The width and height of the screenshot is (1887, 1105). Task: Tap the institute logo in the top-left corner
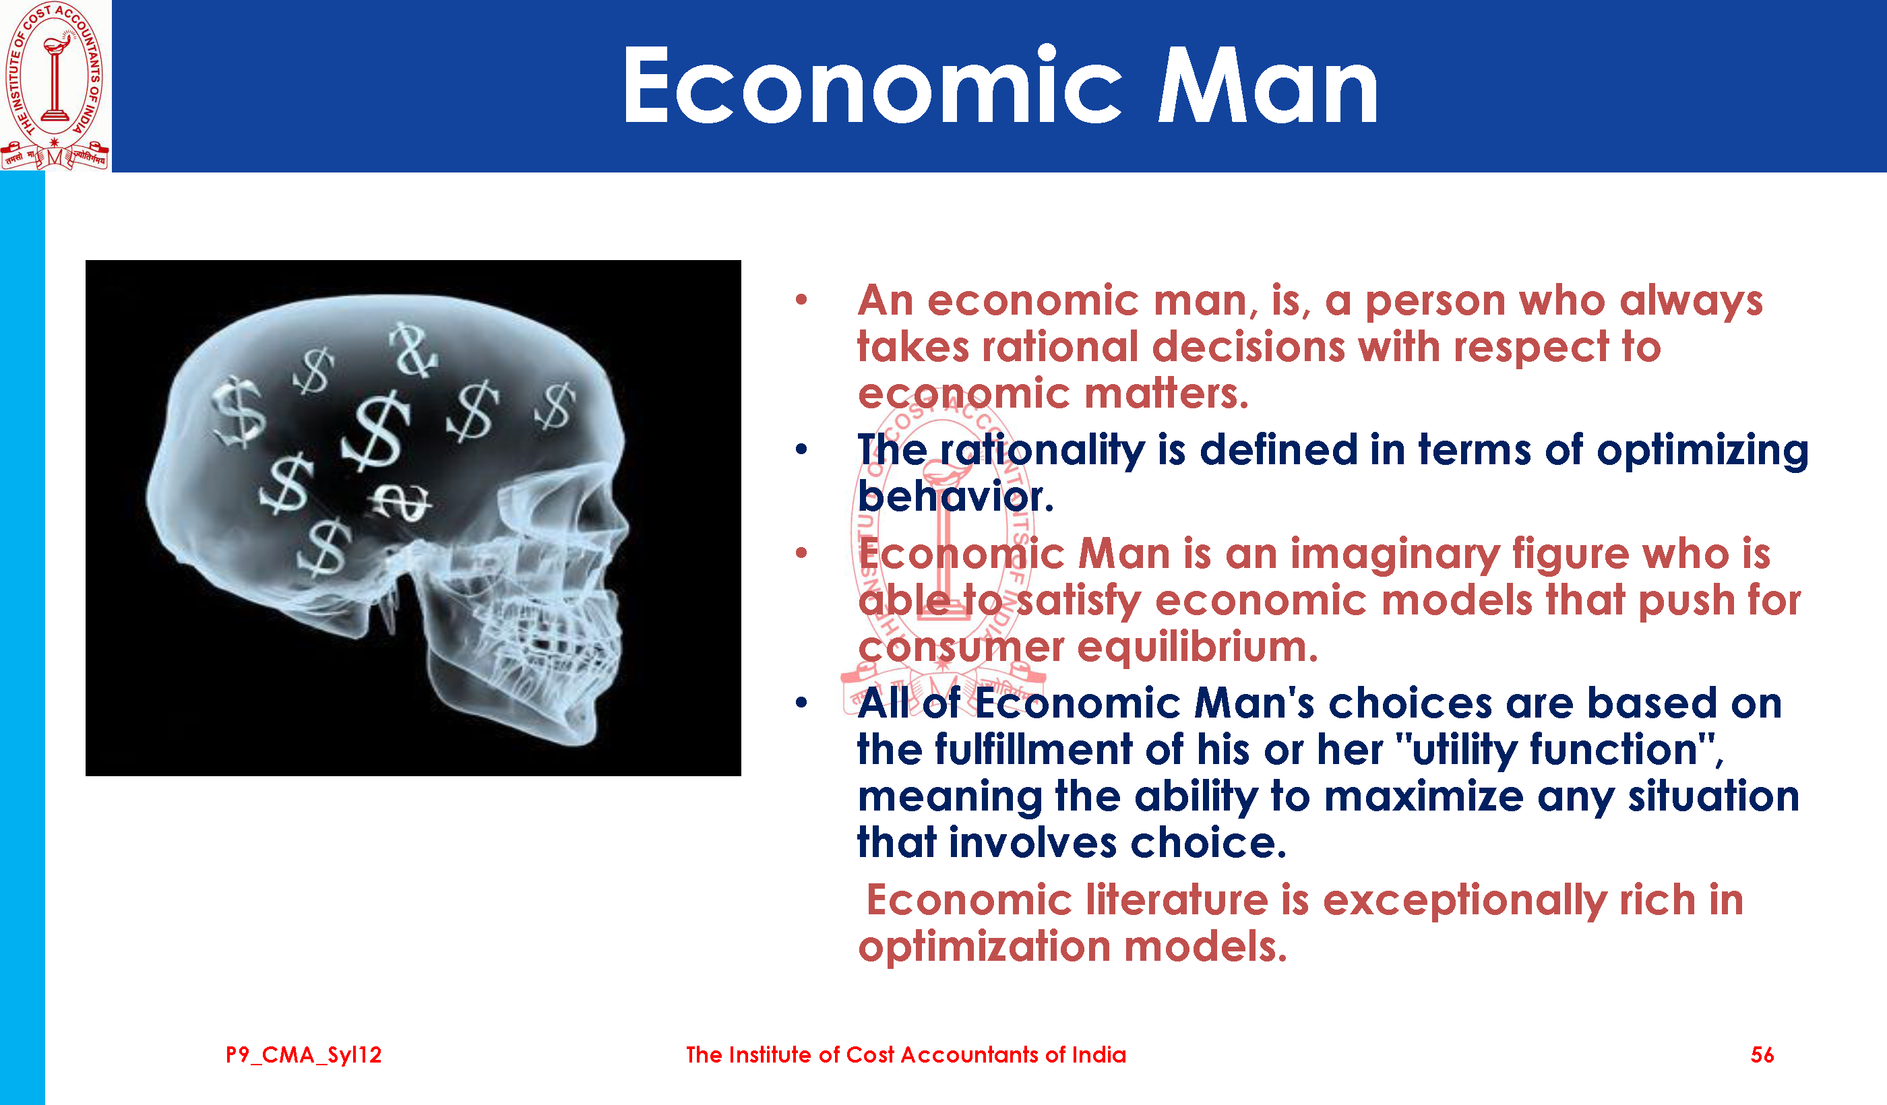(x=55, y=86)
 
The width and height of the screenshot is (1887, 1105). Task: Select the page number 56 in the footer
(x=1762, y=1055)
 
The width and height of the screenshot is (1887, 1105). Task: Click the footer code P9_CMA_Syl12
(x=303, y=1056)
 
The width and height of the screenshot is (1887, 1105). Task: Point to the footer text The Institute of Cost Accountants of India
(x=906, y=1055)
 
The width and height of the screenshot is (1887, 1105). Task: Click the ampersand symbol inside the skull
(x=412, y=350)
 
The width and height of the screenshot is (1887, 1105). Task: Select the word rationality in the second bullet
(x=1043, y=451)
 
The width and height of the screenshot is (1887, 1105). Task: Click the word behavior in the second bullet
(x=956, y=497)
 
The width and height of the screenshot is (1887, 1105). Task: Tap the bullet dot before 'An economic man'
(x=801, y=301)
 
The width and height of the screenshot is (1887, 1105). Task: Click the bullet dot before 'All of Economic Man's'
(x=801, y=703)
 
